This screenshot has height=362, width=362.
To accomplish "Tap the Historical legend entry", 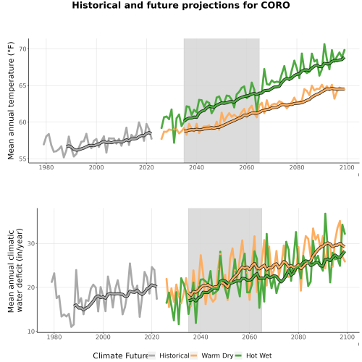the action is point(169,355).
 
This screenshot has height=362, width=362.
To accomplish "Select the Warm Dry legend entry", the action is point(212,355).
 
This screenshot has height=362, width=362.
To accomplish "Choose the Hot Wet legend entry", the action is point(253,355).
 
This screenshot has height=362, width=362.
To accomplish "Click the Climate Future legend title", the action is point(120,355).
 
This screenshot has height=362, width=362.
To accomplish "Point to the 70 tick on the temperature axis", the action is point(22,49).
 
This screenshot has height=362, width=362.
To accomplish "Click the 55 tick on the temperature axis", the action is point(22,159).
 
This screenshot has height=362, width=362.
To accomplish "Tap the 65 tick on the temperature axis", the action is point(22,85).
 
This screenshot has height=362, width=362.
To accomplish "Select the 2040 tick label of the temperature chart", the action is point(196,167).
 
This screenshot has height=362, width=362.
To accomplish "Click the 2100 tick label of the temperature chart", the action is point(347,167).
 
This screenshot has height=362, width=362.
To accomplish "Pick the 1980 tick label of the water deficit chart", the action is point(54,337).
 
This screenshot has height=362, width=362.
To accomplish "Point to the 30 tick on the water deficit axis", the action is point(31,243).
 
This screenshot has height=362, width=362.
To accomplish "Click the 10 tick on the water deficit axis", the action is point(31,332).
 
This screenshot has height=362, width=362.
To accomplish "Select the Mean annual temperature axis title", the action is point(11,101).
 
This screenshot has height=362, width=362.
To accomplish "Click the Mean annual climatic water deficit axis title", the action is point(15,270).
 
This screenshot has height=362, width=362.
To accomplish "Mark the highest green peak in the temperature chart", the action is point(324,44).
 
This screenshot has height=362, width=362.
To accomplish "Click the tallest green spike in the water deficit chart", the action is point(325,214).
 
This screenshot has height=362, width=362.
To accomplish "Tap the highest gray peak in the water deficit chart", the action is point(130,264).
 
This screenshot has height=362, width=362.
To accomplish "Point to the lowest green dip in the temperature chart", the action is point(174,143).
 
